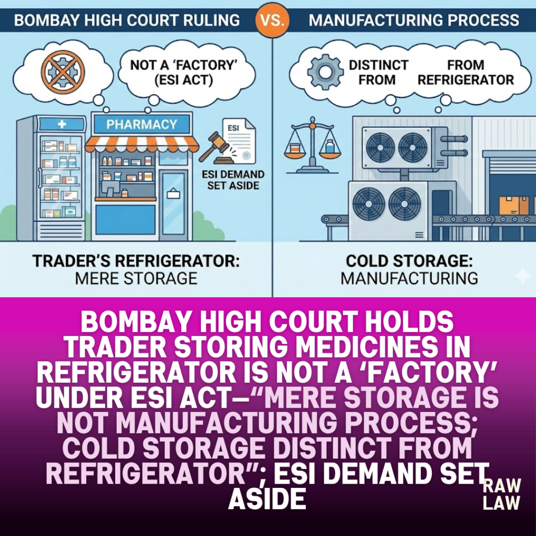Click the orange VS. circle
[x=272, y=20]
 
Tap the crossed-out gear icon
[x=63, y=72]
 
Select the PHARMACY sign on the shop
[x=141, y=124]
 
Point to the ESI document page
[x=239, y=140]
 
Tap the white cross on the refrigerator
[x=62, y=124]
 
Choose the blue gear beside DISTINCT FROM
[x=325, y=72]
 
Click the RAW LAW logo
[x=501, y=494]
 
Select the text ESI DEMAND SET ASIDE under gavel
[x=233, y=180]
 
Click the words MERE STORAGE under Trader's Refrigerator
[x=136, y=278]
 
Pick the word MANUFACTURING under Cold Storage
[x=409, y=278]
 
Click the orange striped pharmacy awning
[x=141, y=144]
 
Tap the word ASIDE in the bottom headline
[x=267, y=499]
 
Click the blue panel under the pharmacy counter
[x=126, y=219]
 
